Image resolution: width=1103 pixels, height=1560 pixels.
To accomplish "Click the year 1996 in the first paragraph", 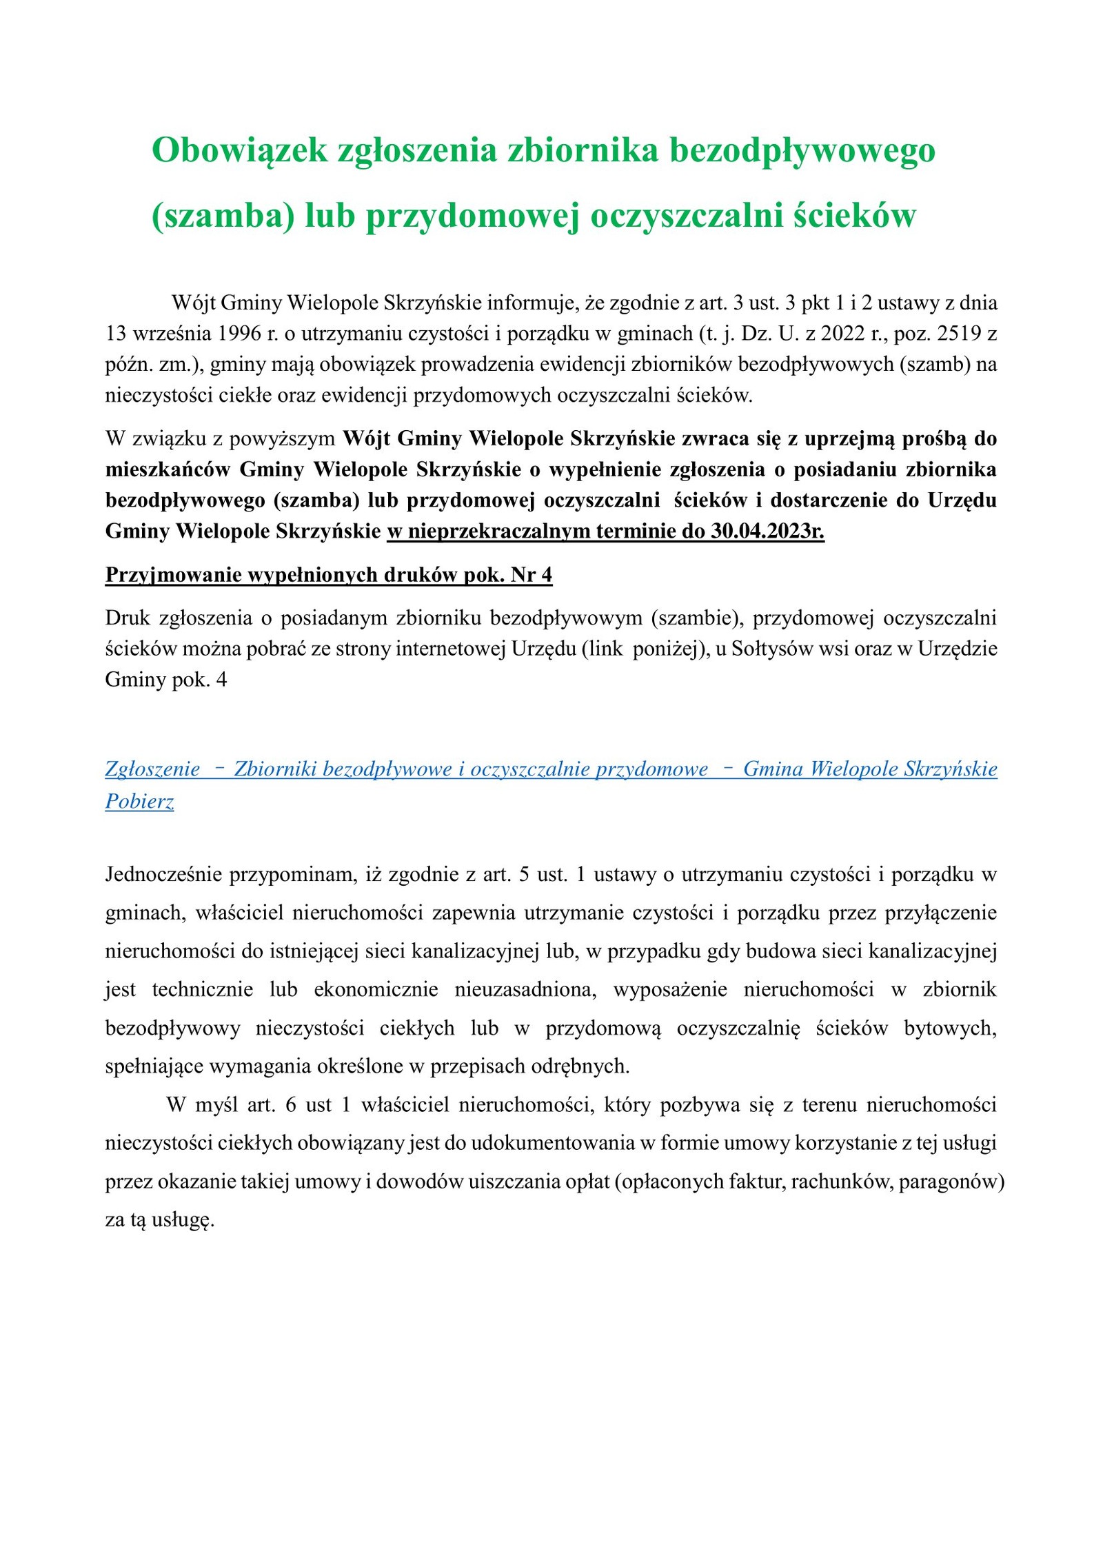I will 240,334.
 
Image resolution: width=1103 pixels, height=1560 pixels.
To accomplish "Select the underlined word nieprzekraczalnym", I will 498,531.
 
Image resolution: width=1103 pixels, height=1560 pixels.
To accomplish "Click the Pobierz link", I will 139,801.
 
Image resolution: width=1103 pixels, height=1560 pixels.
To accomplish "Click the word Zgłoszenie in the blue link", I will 152,769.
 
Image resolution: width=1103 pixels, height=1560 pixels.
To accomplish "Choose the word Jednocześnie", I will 163,875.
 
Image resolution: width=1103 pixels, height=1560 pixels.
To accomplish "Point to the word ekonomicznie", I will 376,990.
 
